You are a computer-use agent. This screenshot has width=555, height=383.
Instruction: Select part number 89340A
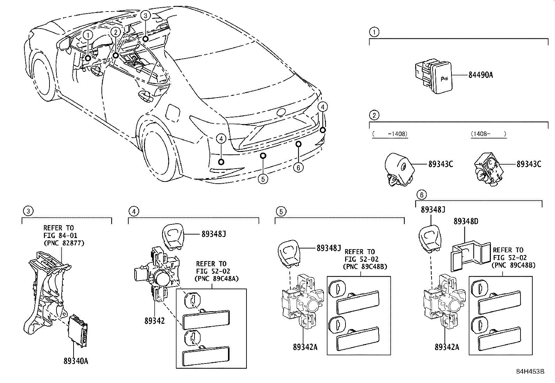(76, 361)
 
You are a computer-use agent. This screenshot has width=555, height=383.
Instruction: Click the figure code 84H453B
(530, 371)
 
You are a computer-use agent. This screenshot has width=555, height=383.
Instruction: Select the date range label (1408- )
(488, 133)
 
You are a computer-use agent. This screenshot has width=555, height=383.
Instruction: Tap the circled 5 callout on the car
(263, 179)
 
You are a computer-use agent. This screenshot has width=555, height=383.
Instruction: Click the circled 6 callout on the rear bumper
(298, 168)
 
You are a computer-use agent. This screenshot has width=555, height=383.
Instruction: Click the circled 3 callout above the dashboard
(146, 15)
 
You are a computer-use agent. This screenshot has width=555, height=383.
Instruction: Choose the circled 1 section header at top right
(374, 32)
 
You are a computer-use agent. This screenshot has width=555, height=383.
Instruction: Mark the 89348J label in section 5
(328, 248)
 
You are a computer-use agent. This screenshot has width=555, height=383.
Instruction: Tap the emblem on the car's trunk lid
(281, 112)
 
